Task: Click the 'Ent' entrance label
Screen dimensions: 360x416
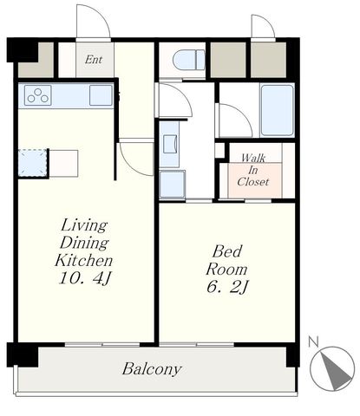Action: point(94,60)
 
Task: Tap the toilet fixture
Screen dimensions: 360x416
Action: point(189,60)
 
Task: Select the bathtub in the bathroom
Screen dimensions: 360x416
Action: point(277,110)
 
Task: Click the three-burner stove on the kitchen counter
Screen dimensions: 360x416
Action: point(38,95)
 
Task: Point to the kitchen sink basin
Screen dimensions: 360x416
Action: point(101,95)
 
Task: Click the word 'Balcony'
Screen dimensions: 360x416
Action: point(152,369)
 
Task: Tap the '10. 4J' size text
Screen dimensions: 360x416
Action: point(85,278)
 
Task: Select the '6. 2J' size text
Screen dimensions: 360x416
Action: point(227,287)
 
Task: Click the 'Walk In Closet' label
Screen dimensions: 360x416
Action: point(253,170)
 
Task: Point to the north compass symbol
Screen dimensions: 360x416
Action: point(332,368)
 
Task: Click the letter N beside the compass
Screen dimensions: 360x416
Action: point(313,341)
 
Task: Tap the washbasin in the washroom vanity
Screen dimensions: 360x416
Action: point(170,144)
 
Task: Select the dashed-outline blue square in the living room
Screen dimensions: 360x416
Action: point(32,163)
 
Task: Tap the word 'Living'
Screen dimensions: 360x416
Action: point(84,225)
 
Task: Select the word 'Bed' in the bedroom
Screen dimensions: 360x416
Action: point(227,251)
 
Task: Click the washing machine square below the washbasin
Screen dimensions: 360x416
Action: point(173,184)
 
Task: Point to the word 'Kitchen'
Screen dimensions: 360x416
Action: point(84,260)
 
